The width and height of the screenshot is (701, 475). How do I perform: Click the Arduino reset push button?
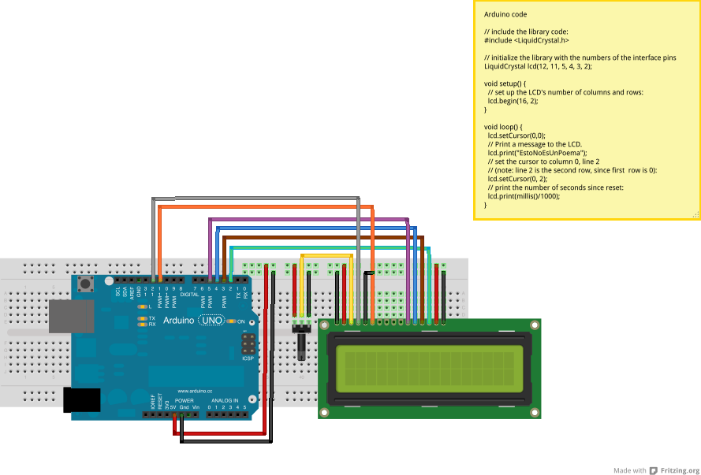pyautogui.click(x=85, y=283)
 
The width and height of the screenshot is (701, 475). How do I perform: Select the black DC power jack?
pyautogui.click(x=82, y=400)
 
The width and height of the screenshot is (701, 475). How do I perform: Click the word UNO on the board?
pyautogui.click(x=211, y=321)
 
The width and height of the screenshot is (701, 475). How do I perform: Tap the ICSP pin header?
pyautogui.click(x=248, y=343)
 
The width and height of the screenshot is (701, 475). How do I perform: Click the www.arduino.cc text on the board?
pyautogui.click(x=192, y=391)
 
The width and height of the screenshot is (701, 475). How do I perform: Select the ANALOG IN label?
pyautogui.click(x=224, y=400)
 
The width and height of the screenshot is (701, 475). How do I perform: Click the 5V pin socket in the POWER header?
pyautogui.click(x=174, y=414)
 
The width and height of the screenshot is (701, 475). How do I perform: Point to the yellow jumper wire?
pyautogui.click(x=326, y=255)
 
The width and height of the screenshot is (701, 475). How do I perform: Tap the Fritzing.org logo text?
pyautogui.click(x=679, y=470)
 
